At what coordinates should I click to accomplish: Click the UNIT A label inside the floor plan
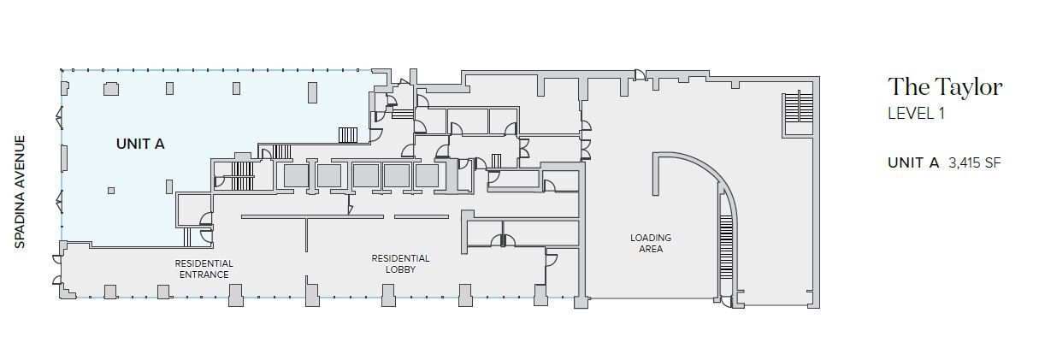click(x=140, y=144)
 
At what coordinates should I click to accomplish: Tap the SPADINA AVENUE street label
click(x=20, y=192)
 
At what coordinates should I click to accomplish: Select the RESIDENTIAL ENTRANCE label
click(x=204, y=269)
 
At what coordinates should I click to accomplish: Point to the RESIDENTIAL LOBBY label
click(x=400, y=263)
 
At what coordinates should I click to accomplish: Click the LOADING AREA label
click(x=651, y=243)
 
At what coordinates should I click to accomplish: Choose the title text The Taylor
click(x=945, y=87)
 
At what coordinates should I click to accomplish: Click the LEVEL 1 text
click(x=916, y=114)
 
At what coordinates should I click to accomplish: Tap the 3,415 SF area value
click(x=975, y=162)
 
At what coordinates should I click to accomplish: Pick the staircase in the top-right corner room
click(x=798, y=108)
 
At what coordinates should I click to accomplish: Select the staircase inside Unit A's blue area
click(x=348, y=135)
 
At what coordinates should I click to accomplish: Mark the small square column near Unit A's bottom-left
click(x=111, y=190)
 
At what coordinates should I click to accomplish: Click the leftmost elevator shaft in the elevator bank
click(x=296, y=176)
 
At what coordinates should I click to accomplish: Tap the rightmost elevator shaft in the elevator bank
click(x=427, y=176)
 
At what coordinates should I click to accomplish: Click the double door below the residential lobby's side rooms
click(x=504, y=240)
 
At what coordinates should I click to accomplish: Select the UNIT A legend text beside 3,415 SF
click(x=913, y=162)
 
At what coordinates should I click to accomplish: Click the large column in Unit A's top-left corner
click(x=111, y=89)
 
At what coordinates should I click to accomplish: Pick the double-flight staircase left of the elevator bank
click(x=241, y=176)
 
